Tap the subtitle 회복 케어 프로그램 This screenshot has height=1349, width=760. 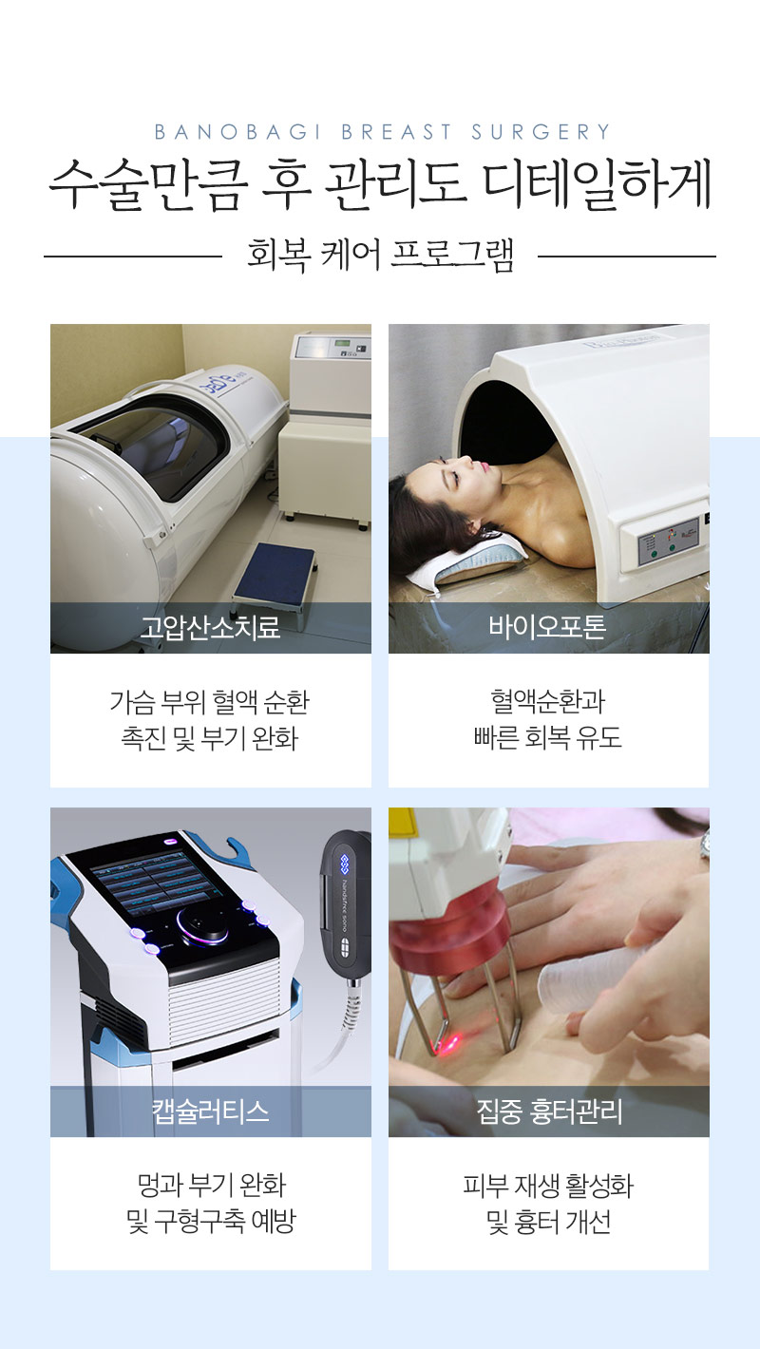[x=380, y=256]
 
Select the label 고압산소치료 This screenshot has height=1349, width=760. [x=210, y=628]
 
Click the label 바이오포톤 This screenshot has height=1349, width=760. [x=548, y=628]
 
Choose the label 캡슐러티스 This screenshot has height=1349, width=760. [x=210, y=1111]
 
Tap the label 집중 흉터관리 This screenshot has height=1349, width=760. [x=548, y=1111]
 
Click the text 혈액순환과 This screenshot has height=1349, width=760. [x=548, y=702]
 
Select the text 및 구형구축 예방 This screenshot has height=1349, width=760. [x=210, y=1222]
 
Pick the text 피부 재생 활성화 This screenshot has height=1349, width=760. [x=548, y=1186]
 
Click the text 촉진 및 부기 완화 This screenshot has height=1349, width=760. [x=210, y=739]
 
